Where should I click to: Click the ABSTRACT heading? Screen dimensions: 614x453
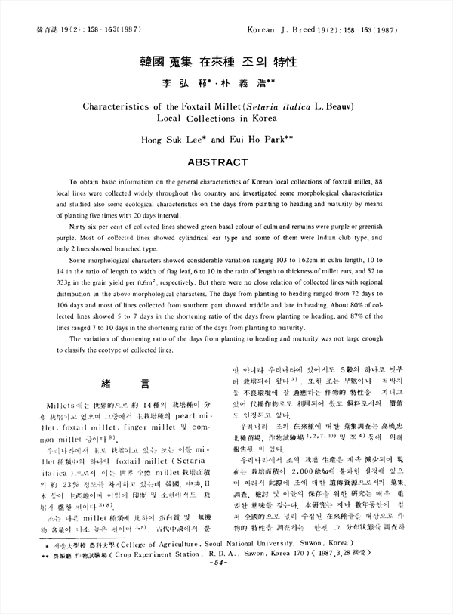click(226, 162)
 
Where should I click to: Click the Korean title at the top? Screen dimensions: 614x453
click(226, 60)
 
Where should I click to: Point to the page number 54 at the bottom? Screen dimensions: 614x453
click(227, 605)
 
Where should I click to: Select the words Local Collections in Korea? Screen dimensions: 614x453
click(226, 119)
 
